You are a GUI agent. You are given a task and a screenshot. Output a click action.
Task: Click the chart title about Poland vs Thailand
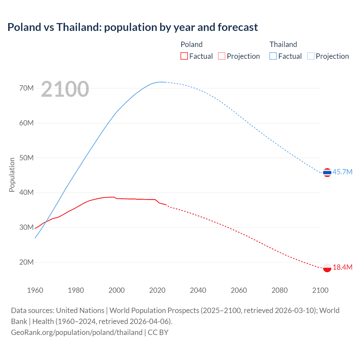[132, 27]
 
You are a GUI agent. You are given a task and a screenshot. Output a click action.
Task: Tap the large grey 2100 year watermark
[65, 89]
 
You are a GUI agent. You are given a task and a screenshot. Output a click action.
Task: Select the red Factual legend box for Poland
[184, 56]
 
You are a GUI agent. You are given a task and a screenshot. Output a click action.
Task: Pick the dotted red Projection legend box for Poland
[222, 56]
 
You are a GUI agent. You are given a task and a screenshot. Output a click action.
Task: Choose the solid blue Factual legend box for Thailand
[273, 56]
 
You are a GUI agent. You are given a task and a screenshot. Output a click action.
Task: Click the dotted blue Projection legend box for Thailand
[310, 56]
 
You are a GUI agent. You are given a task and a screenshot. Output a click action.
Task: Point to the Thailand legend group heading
[283, 44]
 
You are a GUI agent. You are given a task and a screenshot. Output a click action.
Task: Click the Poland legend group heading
[192, 44]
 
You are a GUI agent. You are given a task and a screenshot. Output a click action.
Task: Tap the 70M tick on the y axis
[26, 88]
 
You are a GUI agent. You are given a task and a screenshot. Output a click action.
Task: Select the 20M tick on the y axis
[26, 262]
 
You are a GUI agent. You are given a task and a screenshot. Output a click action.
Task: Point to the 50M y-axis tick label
[26, 158]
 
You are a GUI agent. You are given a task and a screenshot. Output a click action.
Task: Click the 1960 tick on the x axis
[35, 290]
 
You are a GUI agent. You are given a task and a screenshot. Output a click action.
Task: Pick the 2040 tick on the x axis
[198, 290]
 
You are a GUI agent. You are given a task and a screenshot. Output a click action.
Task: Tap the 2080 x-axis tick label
[280, 290]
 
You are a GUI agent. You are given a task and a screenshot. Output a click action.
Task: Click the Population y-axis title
[12, 175]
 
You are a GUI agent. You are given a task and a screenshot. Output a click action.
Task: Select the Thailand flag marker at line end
[327, 172]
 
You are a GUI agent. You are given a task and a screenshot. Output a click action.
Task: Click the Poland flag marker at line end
[327, 268]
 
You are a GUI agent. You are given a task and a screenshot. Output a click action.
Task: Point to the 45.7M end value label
[342, 172]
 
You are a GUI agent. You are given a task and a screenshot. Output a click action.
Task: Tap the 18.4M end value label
[342, 267]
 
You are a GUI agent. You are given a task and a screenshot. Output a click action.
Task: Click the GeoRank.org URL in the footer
[77, 332]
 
